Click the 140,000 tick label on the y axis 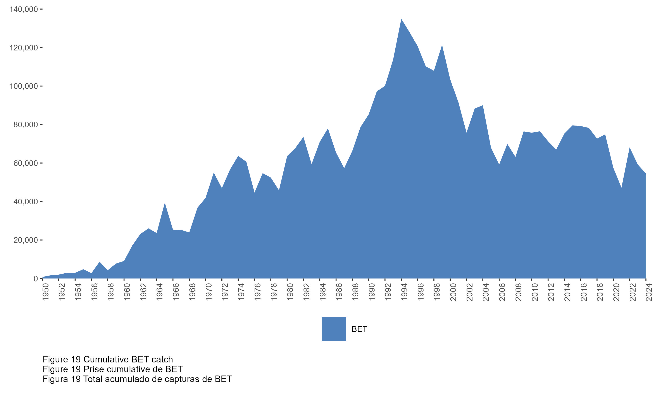tap(24, 10)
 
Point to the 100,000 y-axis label tap(24, 86)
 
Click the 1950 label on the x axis tap(46, 292)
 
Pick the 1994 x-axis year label tap(404, 292)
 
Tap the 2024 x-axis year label tap(649, 292)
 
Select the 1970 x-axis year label tap(209, 292)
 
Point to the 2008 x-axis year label tap(518, 292)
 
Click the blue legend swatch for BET tap(334, 329)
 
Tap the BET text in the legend tap(359, 329)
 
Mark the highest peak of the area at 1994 tap(401, 19)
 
